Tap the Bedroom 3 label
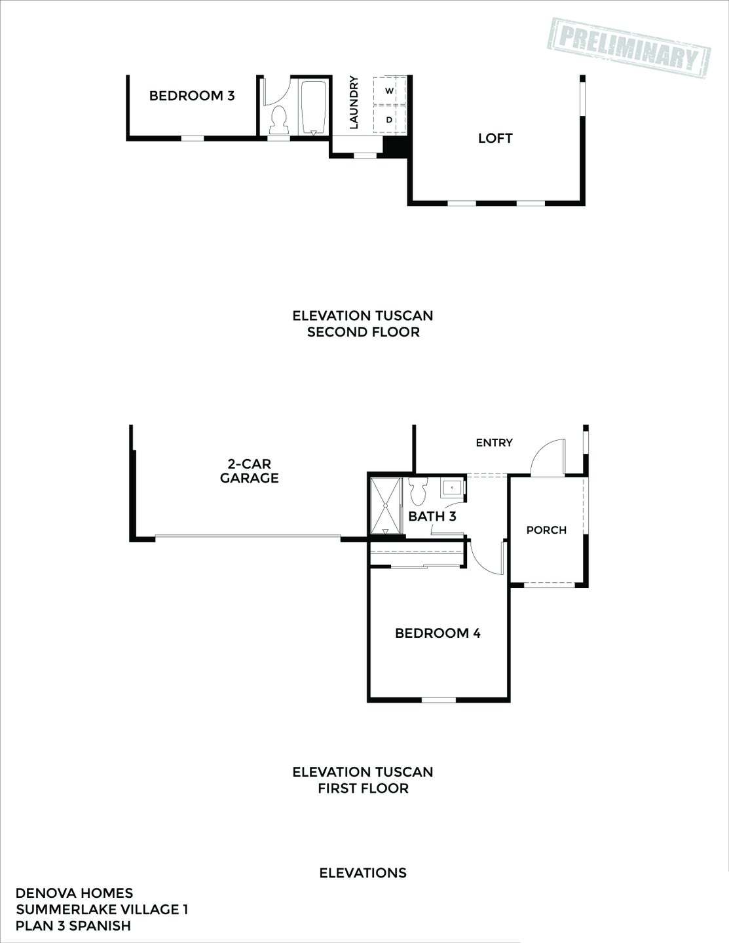[191, 96]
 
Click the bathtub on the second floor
[314, 107]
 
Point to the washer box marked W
[389, 90]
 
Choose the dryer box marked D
[389, 120]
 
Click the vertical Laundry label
[354, 102]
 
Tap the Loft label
[495, 138]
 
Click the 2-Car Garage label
[249, 471]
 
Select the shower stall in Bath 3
[386, 506]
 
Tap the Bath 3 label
[432, 516]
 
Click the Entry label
[494, 443]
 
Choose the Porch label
[546, 530]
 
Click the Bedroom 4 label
[438, 633]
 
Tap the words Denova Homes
[74, 893]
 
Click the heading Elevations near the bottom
[363, 873]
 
